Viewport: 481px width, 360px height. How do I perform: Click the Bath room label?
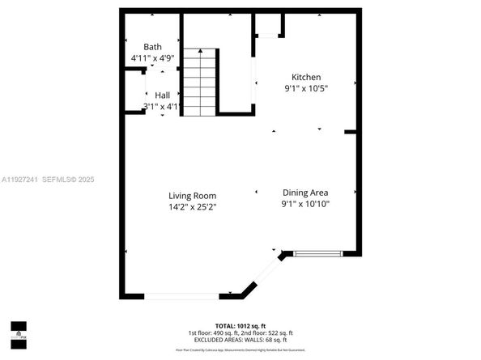(x=153, y=47)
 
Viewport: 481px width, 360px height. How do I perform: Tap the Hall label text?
(x=162, y=95)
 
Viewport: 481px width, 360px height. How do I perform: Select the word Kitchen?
(x=296, y=76)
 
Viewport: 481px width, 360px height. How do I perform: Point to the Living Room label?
(x=192, y=196)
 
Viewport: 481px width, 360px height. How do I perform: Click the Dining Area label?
(x=305, y=193)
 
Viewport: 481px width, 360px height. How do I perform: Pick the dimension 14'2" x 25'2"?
(x=192, y=207)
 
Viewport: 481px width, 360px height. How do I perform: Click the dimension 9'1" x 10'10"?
(x=305, y=204)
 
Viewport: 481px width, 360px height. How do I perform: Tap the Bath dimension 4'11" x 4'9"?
(x=153, y=58)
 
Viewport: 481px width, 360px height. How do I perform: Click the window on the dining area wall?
(x=317, y=254)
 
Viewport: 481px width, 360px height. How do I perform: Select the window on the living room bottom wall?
(x=181, y=295)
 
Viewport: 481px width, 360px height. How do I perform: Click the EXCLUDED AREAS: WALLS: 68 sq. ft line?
(x=240, y=340)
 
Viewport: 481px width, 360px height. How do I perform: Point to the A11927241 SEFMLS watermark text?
(x=48, y=179)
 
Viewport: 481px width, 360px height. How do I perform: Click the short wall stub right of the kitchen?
(x=351, y=132)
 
